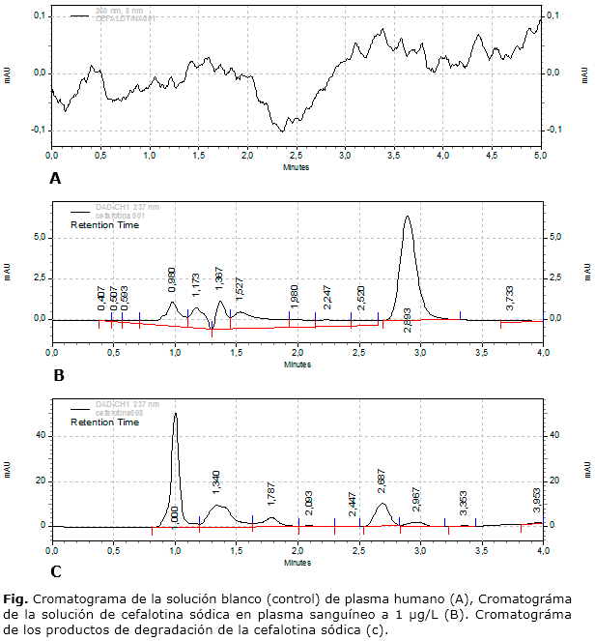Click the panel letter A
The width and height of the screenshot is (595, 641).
[55, 178]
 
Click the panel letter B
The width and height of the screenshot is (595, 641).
[58, 376]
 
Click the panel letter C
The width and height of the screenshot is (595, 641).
[56, 571]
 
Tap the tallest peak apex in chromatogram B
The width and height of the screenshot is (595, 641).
[408, 217]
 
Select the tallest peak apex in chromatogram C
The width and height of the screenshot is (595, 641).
[175, 414]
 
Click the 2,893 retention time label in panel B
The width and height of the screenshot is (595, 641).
[409, 323]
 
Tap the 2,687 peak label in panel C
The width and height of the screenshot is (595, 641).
[382, 481]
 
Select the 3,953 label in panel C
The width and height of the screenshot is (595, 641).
[537, 501]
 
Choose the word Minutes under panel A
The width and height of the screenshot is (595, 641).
[297, 166]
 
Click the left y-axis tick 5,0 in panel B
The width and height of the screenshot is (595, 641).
[40, 235]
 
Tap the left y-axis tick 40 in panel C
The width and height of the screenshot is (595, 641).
[42, 435]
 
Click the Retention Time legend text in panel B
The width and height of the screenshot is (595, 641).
[106, 224]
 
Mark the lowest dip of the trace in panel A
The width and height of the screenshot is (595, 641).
[282, 131]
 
